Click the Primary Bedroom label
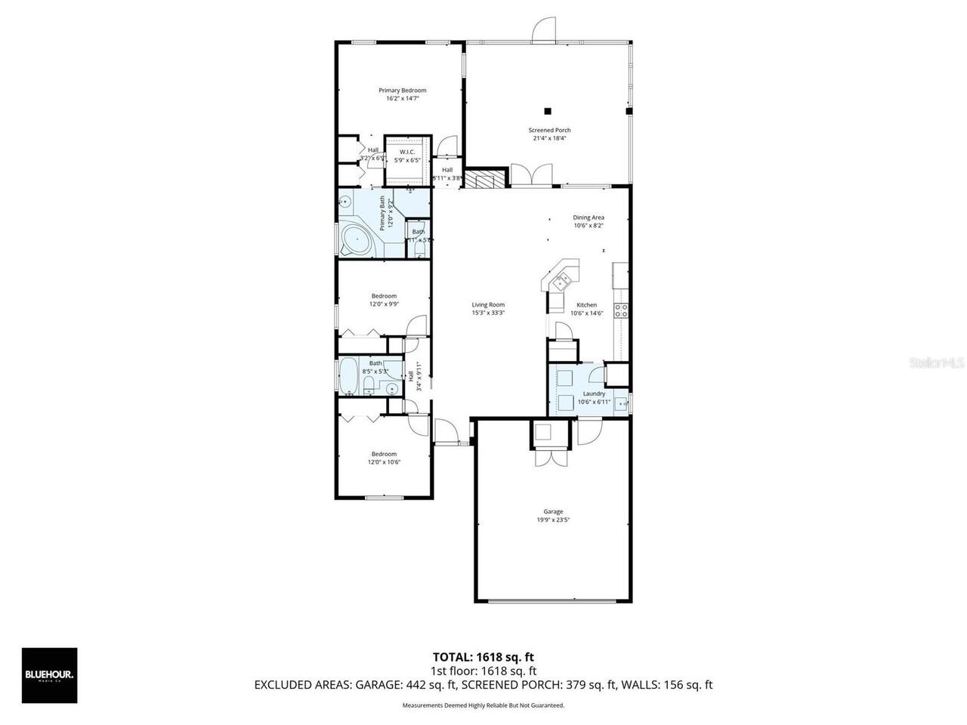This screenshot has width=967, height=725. coord(402,91)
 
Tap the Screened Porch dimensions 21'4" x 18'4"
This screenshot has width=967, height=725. coord(549,138)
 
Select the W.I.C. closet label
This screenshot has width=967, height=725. coord(407,152)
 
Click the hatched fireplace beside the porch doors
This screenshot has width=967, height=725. coord(484,180)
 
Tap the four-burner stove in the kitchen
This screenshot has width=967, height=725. coord(622,310)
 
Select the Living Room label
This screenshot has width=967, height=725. coord(488,305)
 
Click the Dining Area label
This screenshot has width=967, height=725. coord(588,217)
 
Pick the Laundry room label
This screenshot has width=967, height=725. coord(594,393)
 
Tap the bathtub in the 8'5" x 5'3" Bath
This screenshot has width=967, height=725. coord(348,377)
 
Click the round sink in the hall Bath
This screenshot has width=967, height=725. coord(391,389)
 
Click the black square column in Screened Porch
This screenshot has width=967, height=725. coord(549,110)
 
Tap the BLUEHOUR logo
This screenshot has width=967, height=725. coord(49,675)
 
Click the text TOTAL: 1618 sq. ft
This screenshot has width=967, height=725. coord(483,657)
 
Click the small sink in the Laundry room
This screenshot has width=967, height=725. coord(621,403)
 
